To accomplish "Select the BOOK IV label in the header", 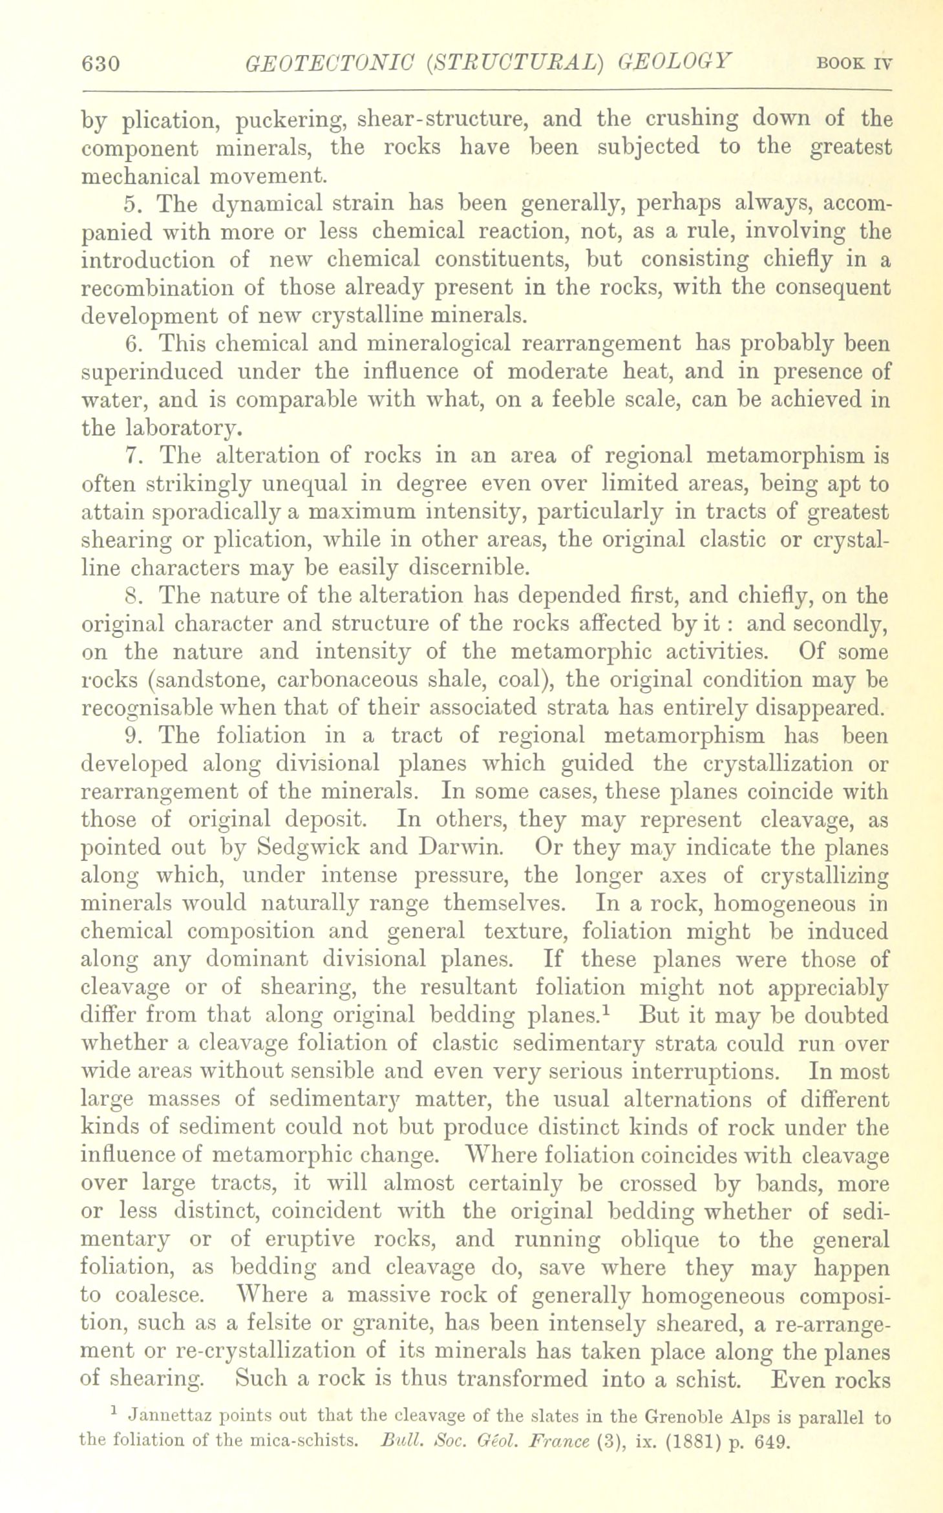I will [854, 64].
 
